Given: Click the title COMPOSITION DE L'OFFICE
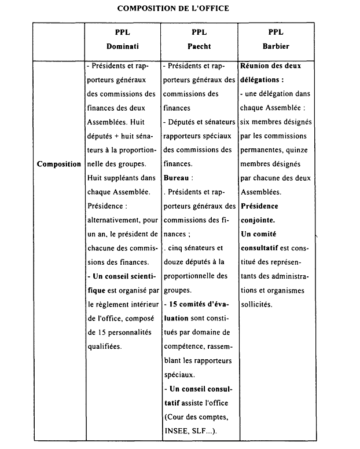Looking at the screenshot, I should tap(172, 8).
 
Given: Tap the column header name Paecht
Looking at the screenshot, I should tap(199, 45).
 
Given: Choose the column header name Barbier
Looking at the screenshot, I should tap(276, 45).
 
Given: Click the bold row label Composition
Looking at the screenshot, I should tap(59, 164).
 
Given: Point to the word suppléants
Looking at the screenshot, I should tap(124, 178).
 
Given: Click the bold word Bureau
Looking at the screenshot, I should tap(177, 178).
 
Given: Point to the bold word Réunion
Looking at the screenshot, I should tap(255, 65).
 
